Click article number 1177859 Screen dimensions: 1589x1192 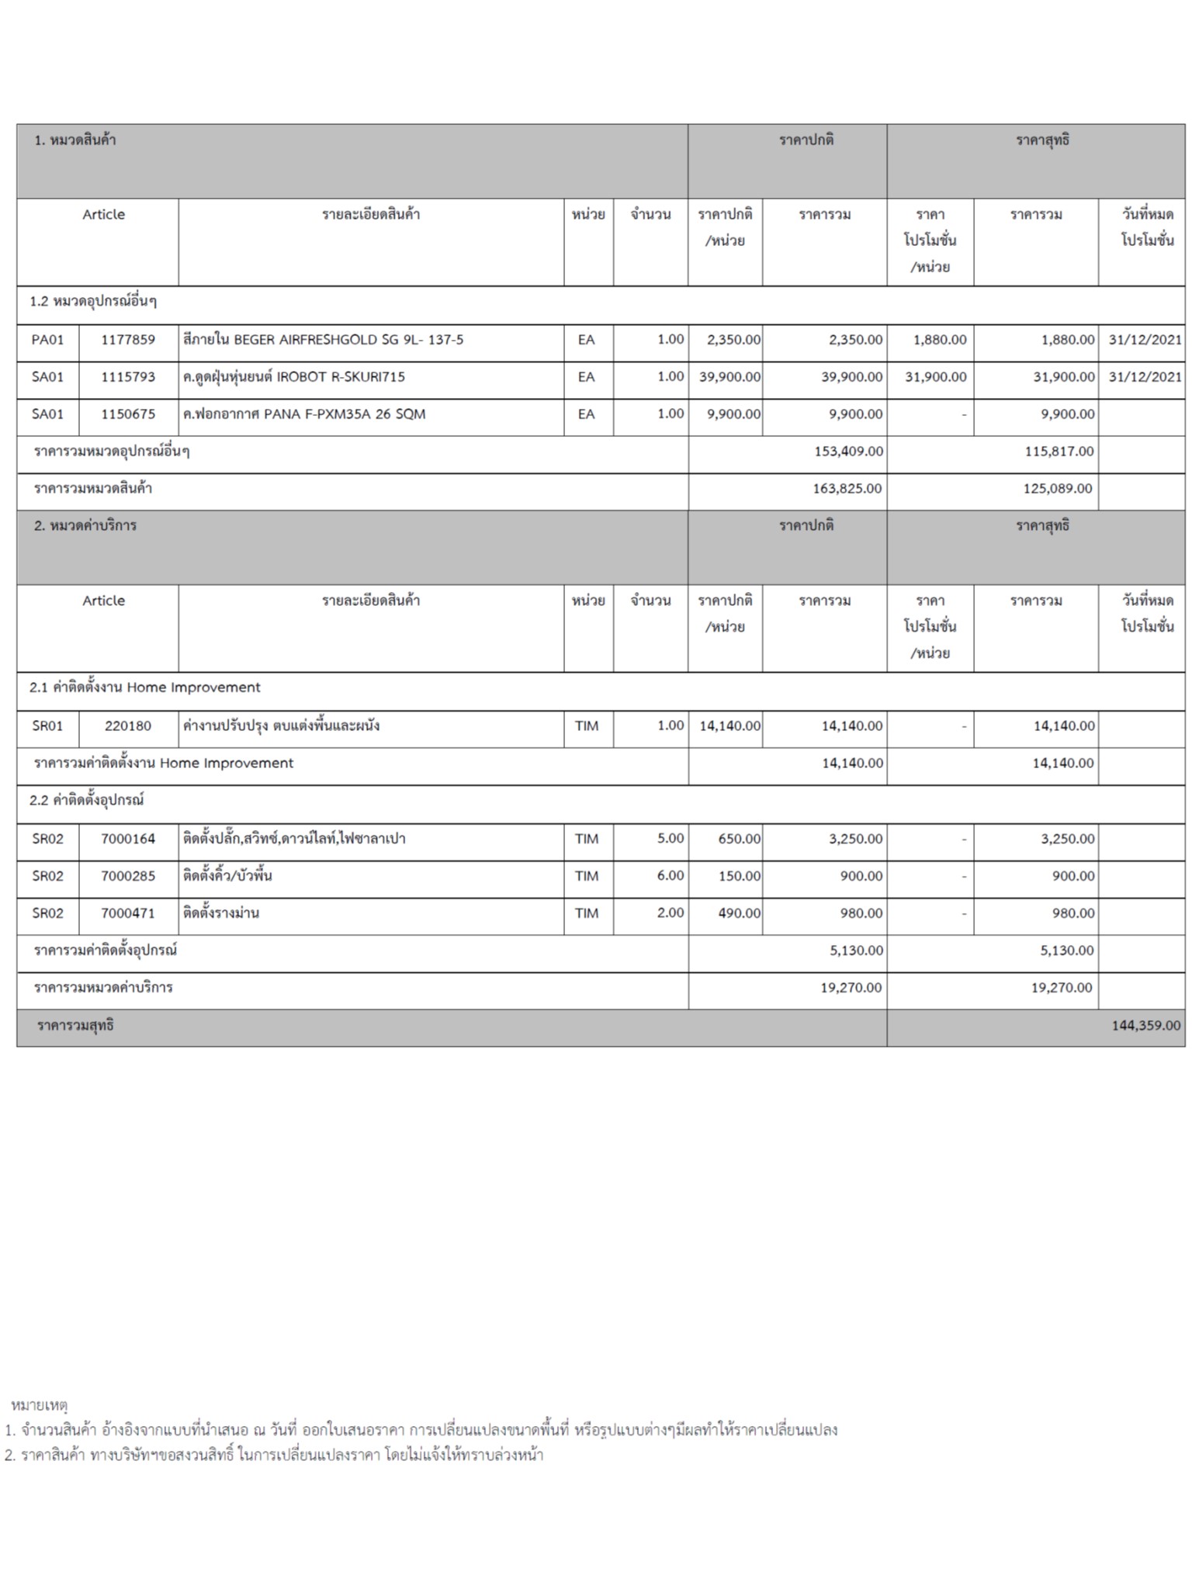point(128,340)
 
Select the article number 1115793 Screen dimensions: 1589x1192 point(128,377)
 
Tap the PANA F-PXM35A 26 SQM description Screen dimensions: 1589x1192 point(304,414)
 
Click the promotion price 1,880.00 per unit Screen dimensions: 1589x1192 point(940,340)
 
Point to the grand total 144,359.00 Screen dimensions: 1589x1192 point(1145,1026)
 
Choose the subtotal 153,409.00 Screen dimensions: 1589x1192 point(848,452)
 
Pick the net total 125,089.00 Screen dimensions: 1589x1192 point(1058,489)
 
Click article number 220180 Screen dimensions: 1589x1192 point(128,726)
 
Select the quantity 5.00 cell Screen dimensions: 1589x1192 point(670,839)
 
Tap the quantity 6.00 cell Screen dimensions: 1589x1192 point(670,876)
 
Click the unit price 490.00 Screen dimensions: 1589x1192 point(739,913)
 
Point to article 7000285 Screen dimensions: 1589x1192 point(128,876)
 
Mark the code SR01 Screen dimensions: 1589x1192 point(47,726)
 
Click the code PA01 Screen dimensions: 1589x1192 point(47,340)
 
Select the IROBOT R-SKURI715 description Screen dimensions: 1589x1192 point(294,377)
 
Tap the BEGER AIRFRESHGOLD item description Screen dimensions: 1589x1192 point(323,340)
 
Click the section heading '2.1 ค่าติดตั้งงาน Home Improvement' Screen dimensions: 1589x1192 point(145,687)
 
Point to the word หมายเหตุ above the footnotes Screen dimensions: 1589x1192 point(40,1404)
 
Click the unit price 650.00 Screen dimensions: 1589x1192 point(739,839)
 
